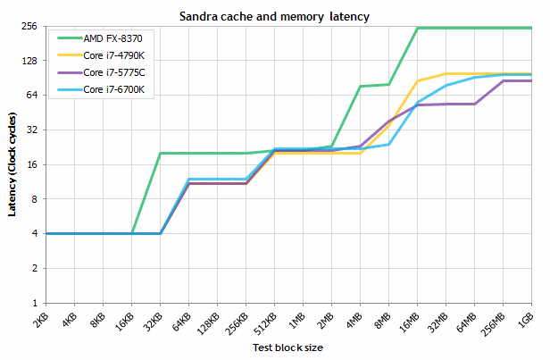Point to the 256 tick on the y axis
coord(28,27)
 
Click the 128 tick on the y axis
coord(28,61)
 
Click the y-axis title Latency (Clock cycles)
coord(11,164)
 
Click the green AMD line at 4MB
coord(361,87)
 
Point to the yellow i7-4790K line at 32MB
coord(446,73)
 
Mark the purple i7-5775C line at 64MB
coord(474,104)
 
